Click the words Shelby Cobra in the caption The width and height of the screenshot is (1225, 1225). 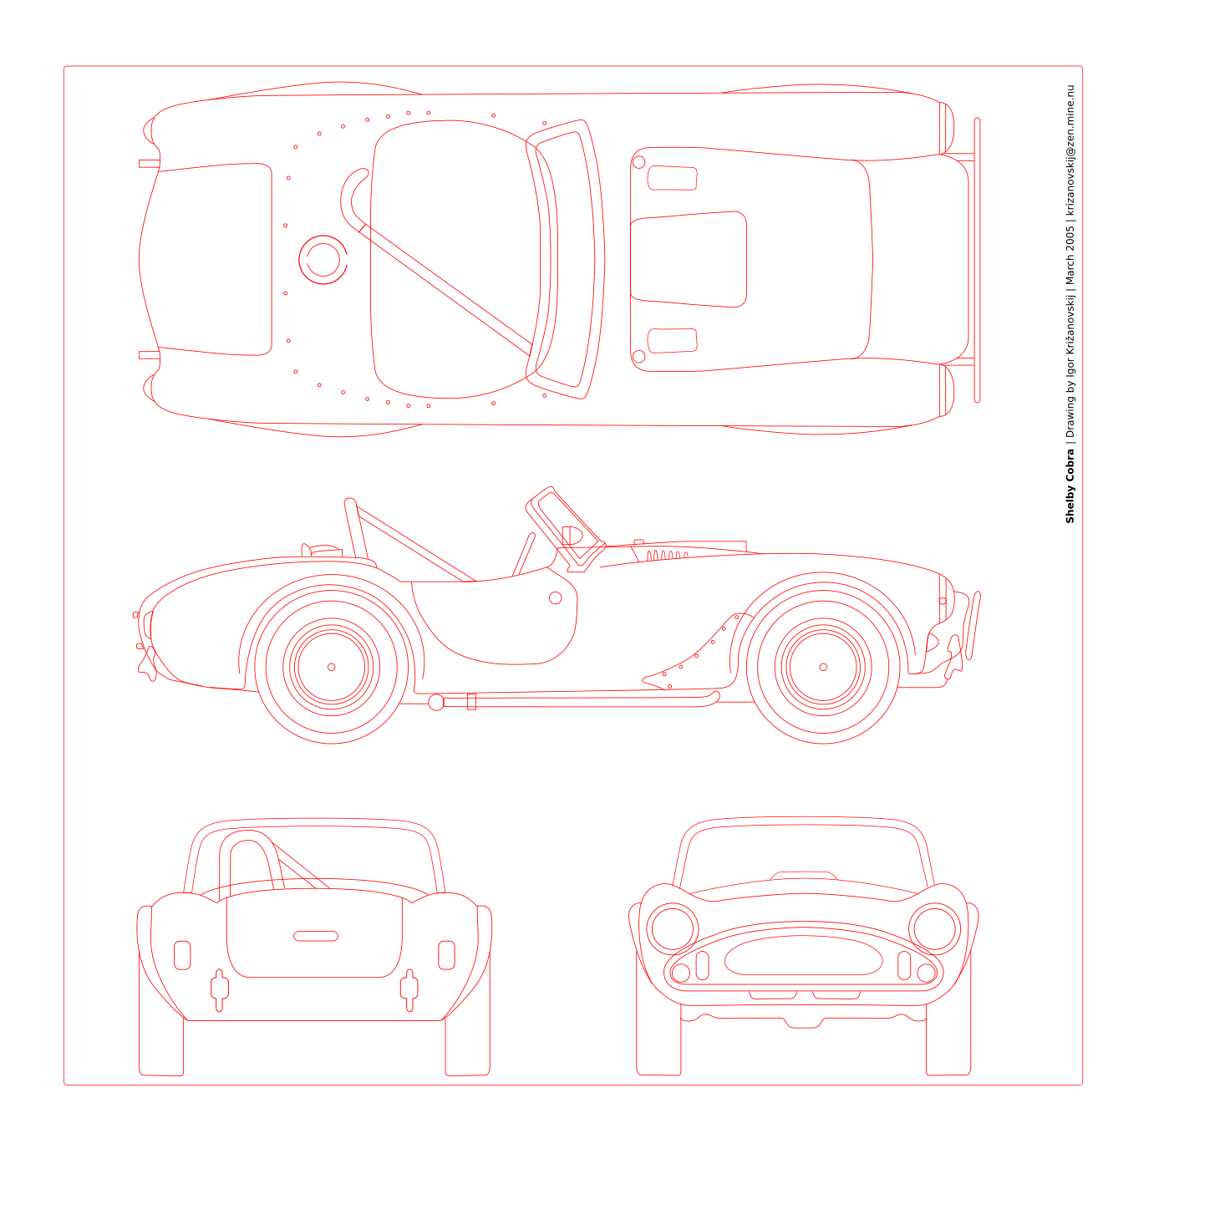(x=1070, y=485)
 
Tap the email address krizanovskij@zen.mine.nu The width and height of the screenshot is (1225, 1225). (x=1070, y=150)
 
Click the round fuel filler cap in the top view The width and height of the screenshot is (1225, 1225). (x=323, y=259)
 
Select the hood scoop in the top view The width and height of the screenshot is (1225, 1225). (x=689, y=259)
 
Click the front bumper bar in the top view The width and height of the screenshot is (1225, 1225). (x=977, y=259)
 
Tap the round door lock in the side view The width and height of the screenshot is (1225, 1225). (x=555, y=597)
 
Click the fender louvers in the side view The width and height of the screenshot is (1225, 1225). (x=667, y=556)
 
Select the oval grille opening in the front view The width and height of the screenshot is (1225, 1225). (x=804, y=955)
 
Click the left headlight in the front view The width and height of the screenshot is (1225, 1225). (x=673, y=928)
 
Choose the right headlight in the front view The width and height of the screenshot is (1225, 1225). (x=934, y=928)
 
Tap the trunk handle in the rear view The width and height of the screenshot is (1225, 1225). (x=315, y=936)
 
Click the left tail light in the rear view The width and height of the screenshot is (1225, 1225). (x=182, y=955)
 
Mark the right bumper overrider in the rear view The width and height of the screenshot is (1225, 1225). (x=409, y=990)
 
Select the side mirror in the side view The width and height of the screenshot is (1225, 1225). (x=572, y=536)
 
